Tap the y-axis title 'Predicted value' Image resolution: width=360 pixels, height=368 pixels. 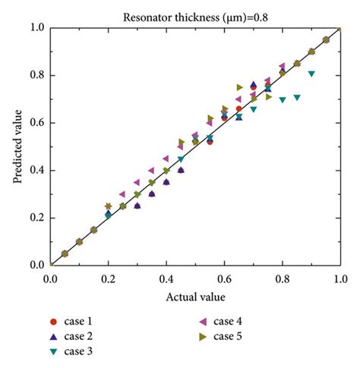[x=16, y=146]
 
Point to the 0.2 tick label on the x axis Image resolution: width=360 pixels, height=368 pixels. [x=108, y=278]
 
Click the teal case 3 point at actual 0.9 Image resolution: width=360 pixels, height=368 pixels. [x=311, y=74]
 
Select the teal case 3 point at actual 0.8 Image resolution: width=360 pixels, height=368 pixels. [x=283, y=99]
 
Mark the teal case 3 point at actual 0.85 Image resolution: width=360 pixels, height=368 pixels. [x=297, y=97]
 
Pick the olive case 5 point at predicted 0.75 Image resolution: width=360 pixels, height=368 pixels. [x=239, y=87]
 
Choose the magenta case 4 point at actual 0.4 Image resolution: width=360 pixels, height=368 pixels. [x=166, y=159]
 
